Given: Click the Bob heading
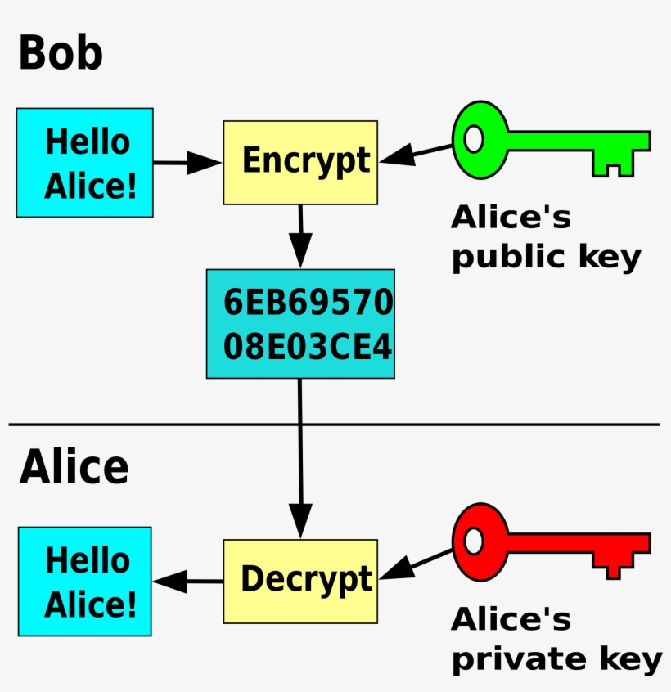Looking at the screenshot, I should [x=60, y=53].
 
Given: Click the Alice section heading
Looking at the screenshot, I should [x=74, y=468].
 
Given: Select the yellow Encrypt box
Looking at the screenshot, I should [x=300, y=162].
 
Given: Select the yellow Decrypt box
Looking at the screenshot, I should [x=300, y=581].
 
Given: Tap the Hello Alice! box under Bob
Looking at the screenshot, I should [x=85, y=163].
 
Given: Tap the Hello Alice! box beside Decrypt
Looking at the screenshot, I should [x=85, y=582].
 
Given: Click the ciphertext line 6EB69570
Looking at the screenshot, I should [x=308, y=304].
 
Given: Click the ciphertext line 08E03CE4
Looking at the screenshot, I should [x=308, y=346].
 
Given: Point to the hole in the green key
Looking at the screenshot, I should [x=473, y=140].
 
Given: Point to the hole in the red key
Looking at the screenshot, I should [x=473, y=541].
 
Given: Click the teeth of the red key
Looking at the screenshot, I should [x=614, y=567].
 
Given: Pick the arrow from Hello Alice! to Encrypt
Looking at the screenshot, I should [x=187, y=163].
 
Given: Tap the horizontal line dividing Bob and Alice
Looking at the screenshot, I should [x=164, y=425].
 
